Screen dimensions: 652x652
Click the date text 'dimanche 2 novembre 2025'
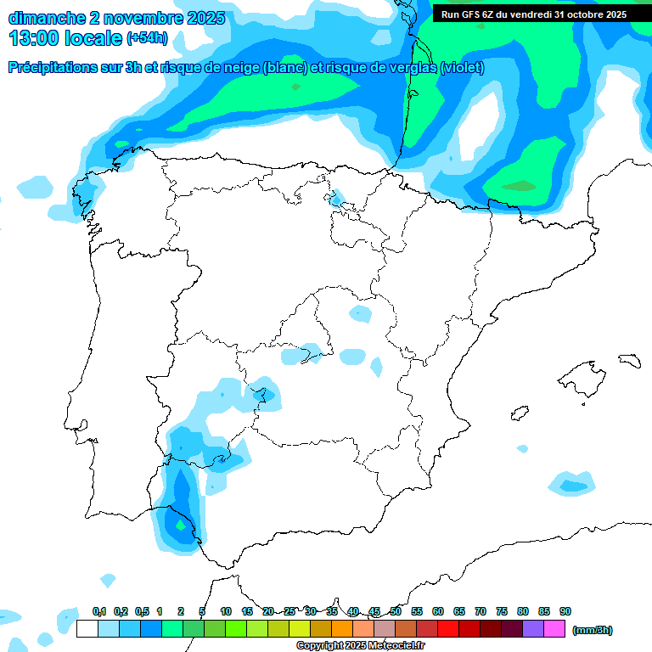click(x=116, y=18)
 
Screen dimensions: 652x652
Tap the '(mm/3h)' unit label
click(x=592, y=630)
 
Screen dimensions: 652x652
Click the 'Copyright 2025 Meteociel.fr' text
click(x=360, y=646)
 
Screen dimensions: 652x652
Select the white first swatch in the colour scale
click(x=87, y=629)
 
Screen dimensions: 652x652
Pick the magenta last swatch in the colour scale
click(x=554, y=629)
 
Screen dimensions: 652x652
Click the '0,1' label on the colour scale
click(x=98, y=612)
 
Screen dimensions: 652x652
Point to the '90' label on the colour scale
click(x=565, y=612)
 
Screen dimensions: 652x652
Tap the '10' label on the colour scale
click(x=226, y=612)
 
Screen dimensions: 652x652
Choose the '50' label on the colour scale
click(x=396, y=612)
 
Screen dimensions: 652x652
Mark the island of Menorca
click(x=628, y=360)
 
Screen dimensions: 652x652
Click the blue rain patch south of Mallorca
click(x=570, y=484)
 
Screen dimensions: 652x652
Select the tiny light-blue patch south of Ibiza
click(x=522, y=448)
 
